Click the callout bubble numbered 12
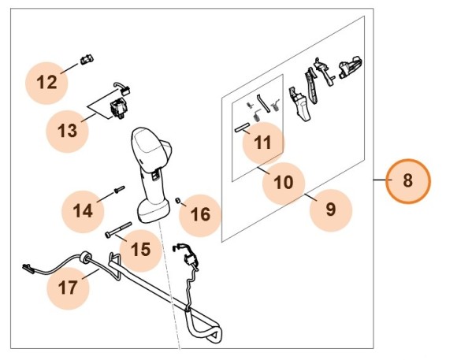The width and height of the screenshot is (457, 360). pyautogui.click(x=47, y=82)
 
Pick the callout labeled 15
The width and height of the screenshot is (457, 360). pyautogui.click(x=139, y=250)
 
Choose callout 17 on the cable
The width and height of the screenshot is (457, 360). pyautogui.click(x=69, y=288)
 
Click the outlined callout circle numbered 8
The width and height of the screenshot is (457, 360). pyautogui.click(x=407, y=180)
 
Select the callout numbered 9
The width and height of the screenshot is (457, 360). pyautogui.click(x=330, y=209)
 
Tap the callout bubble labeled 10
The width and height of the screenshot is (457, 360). pyautogui.click(x=282, y=183)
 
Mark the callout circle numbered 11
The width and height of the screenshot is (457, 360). pyautogui.click(x=262, y=143)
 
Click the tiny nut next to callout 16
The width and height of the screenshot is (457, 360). pyautogui.click(x=180, y=202)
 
